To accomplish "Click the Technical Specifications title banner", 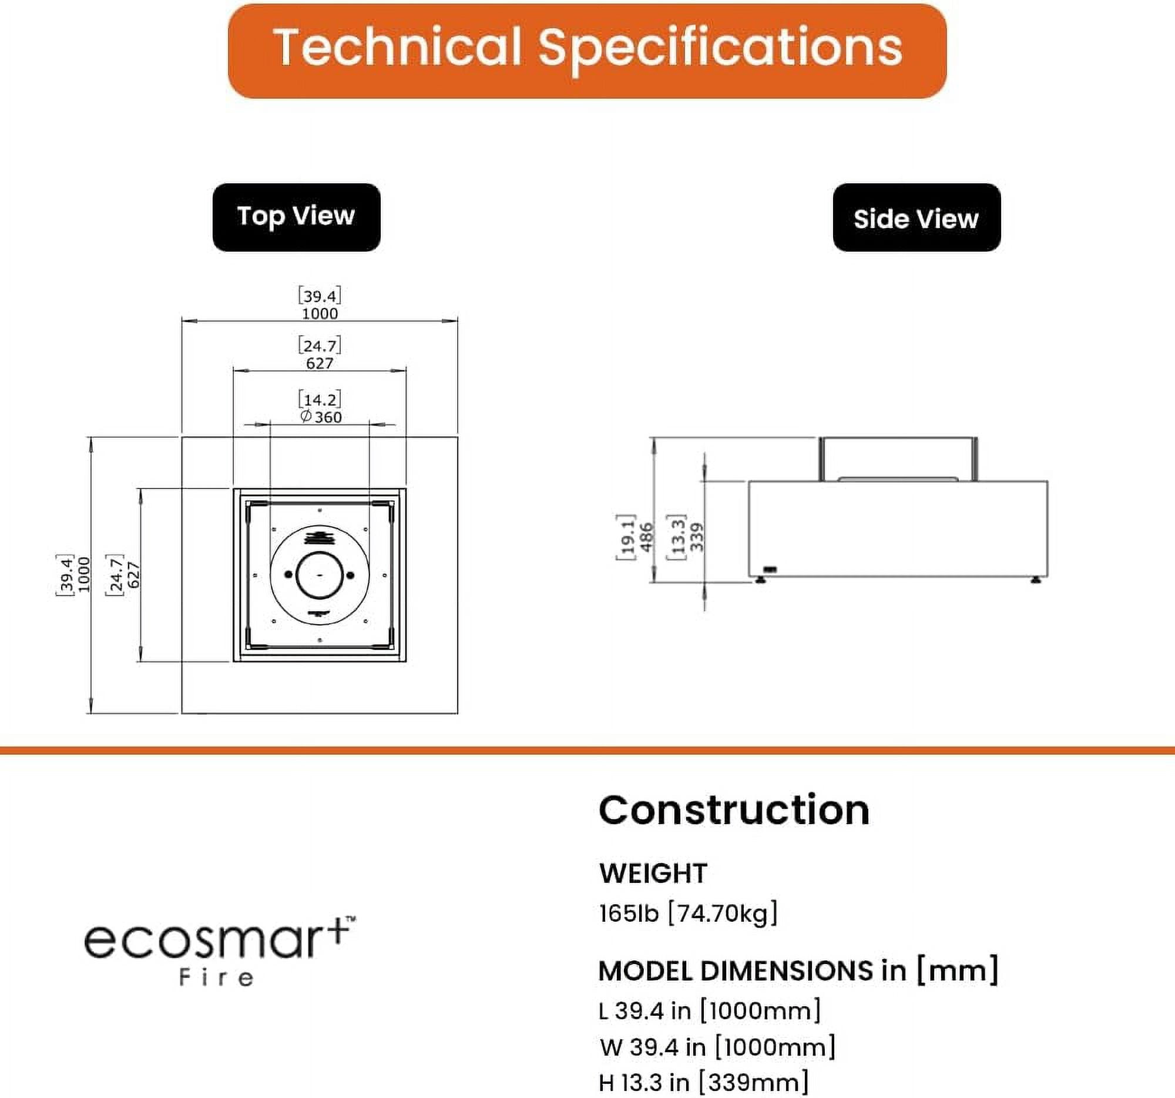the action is click(x=587, y=51).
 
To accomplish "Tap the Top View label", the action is click(x=296, y=217).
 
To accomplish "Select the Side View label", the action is click(x=916, y=217).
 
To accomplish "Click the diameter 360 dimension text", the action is click(x=320, y=417).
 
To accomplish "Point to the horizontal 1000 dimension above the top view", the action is click(x=320, y=313).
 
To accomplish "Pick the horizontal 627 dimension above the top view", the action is click(x=320, y=363).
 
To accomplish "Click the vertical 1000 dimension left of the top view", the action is click(x=83, y=574).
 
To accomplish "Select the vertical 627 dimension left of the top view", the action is click(x=133, y=575).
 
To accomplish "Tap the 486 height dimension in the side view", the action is click(x=647, y=536).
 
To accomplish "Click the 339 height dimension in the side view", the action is click(x=697, y=536).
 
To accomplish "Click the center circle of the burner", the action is click(x=320, y=575).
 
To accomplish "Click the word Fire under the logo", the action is click(x=216, y=978).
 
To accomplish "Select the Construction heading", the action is click(x=734, y=810).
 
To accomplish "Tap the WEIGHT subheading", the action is click(x=653, y=873).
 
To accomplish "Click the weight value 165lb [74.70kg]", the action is click(x=689, y=913).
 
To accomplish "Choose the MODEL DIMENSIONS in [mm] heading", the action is click(x=798, y=971).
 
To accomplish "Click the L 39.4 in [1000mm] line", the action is click(x=710, y=1010).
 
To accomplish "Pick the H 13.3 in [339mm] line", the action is click(x=703, y=1083).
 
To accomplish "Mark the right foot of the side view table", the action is click(x=1036, y=580).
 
